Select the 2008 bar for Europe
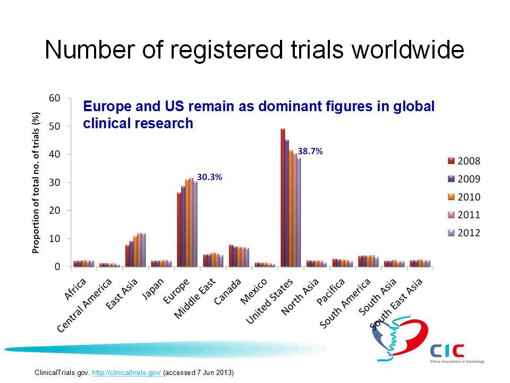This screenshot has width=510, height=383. pos(179,229)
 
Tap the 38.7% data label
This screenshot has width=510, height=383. pos(310,151)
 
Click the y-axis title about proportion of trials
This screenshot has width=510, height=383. pos(36,182)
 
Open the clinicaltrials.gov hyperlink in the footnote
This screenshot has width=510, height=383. pos(127,372)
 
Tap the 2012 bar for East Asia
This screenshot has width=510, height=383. pos(143,249)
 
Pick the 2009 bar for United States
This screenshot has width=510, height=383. pos(287,203)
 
